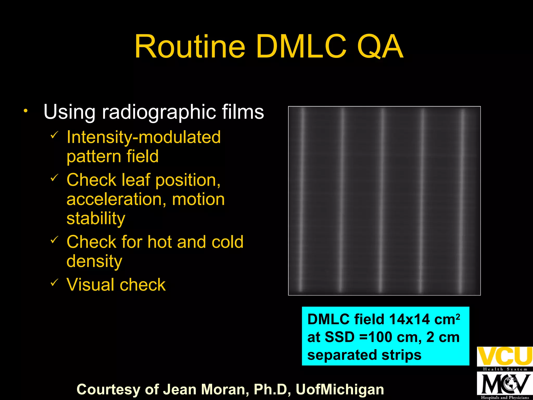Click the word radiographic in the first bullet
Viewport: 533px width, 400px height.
pyautogui.click(x=159, y=112)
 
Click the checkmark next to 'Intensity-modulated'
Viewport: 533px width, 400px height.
pyautogui.click(x=54, y=135)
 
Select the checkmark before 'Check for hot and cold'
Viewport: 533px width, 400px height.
pyautogui.click(x=54, y=239)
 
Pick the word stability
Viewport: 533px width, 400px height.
pyautogui.click(x=96, y=218)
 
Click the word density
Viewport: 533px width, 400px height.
pyautogui.click(x=94, y=261)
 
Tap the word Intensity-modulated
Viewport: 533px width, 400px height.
pyautogui.click(x=143, y=137)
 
